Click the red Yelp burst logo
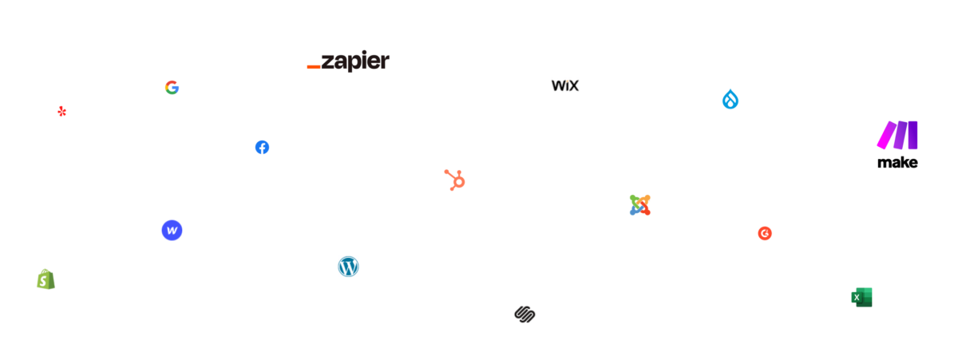pos(61,111)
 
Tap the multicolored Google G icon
pos(172,87)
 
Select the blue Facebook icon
pos(262,147)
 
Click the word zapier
pos(355,61)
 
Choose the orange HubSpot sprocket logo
pos(455,180)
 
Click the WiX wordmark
pos(565,85)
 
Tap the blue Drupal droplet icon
pos(730,99)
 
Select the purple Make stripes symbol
pos(897,135)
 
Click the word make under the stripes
pos(897,163)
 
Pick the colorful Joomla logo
pos(639,204)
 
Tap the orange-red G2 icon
pos(765,233)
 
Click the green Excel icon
pos(861,297)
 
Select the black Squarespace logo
pos(524,314)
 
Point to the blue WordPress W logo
pos(348,266)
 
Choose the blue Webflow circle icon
pos(172,231)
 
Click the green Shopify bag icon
pos(46,279)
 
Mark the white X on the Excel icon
pos(857,299)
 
